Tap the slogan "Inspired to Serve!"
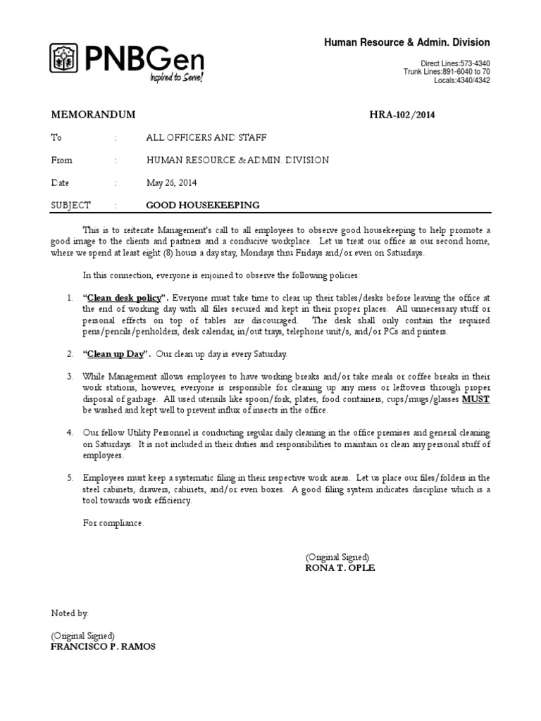point(175,77)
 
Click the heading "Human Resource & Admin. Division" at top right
point(406,43)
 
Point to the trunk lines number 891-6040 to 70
point(466,72)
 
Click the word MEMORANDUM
point(93,115)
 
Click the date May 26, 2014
point(172,182)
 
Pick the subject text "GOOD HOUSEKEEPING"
point(202,205)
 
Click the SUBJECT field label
point(71,205)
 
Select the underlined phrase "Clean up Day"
point(116,353)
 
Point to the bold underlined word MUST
point(475,399)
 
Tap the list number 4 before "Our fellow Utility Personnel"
point(70,432)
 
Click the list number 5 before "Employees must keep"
point(70,477)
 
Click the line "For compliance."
point(113,523)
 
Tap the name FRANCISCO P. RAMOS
point(104,647)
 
